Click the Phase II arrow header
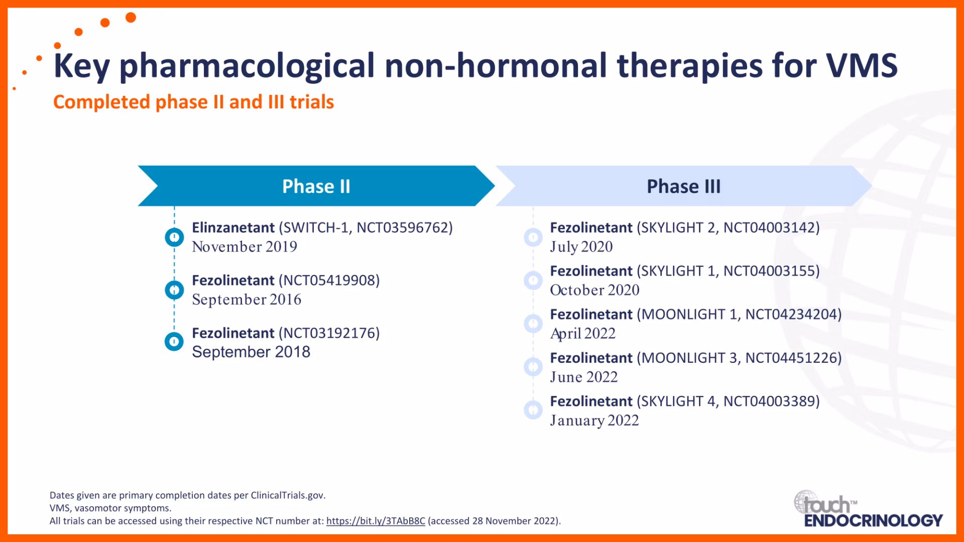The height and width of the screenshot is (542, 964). point(316,186)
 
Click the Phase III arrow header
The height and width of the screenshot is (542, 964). point(684,186)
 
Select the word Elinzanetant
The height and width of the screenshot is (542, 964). point(233,228)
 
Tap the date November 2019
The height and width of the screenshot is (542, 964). point(245,247)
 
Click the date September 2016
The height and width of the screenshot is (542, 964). point(247,300)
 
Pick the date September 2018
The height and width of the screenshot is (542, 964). point(251,352)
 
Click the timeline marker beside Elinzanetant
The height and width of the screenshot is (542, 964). point(174,237)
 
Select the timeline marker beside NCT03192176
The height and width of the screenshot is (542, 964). point(174,342)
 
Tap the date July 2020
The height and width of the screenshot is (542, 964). point(581,247)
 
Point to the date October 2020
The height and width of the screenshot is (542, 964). point(595,290)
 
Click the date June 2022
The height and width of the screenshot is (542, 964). point(584,377)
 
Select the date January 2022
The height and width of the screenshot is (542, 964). point(594,421)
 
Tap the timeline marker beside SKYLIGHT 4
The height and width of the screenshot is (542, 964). point(533,410)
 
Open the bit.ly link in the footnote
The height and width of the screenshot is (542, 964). point(376,521)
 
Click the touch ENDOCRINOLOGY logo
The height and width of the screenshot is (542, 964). point(869,509)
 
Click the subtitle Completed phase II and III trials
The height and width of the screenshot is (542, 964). point(193,102)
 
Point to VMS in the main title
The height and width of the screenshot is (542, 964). point(862,66)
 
